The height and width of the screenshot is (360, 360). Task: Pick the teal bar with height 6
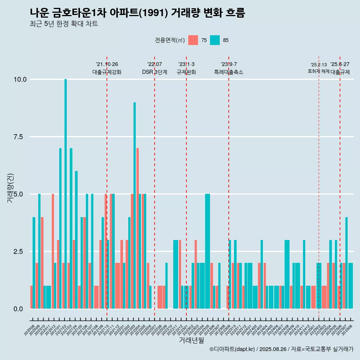click(x=76, y=240)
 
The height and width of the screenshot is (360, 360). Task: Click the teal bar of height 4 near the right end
click(x=346, y=262)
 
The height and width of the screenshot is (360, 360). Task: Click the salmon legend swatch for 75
click(x=193, y=40)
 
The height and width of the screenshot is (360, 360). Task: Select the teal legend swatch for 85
click(x=215, y=40)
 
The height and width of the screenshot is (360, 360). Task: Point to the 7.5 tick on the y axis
click(x=18, y=137)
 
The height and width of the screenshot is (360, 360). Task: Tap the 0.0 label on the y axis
click(x=18, y=309)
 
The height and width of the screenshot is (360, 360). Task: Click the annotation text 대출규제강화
click(x=107, y=72)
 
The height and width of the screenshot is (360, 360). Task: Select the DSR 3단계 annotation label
click(x=154, y=72)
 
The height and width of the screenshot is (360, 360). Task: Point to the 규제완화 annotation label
click(x=186, y=72)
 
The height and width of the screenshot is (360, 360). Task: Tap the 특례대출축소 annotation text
click(x=229, y=72)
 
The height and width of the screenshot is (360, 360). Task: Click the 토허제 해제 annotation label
click(x=318, y=71)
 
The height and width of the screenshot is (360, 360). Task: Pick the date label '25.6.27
click(x=340, y=64)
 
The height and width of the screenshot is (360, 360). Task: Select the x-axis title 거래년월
click(x=191, y=340)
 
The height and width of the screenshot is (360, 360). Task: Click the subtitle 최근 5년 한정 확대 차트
click(x=64, y=24)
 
